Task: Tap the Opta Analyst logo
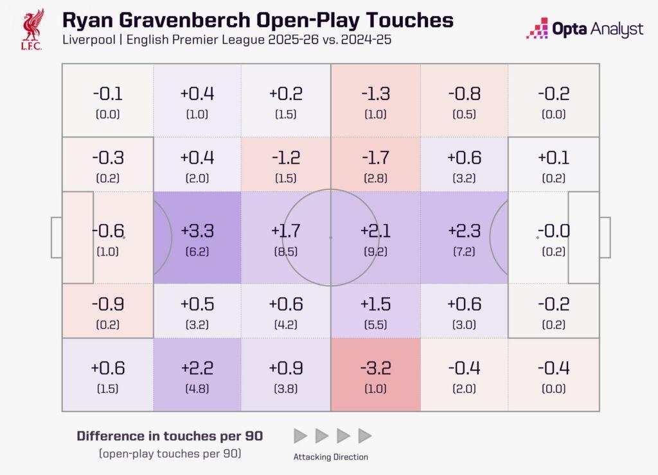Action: [x=584, y=29]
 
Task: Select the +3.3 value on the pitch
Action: [x=197, y=230]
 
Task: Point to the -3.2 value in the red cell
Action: [x=375, y=368]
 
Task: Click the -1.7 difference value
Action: [x=375, y=157]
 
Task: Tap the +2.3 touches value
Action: [x=464, y=230]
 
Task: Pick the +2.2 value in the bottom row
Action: [x=197, y=368]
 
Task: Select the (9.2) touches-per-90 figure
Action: [x=375, y=252]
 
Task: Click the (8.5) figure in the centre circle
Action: [x=286, y=252]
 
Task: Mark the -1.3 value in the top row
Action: [x=375, y=94]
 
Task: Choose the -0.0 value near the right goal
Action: [x=553, y=230]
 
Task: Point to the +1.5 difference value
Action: [x=375, y=304]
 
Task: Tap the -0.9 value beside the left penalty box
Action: [x=108, y=304]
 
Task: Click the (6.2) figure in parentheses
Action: [x=197, y=252]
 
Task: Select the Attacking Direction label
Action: [x=331, y=457]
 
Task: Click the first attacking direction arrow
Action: [x=300, y=436]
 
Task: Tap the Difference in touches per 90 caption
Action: [x=170, y=436]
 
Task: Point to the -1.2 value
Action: [x=286, y=157]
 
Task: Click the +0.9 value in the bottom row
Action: [x=286, y=368]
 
